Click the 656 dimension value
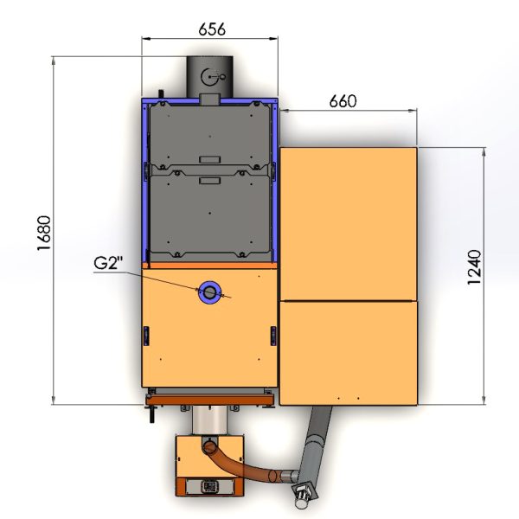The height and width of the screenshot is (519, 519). [x=212, y=29]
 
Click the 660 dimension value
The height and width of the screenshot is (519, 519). [x=343, y=101]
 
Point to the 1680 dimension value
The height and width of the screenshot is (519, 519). [x=44, y=233]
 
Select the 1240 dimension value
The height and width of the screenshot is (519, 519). [x=474, y=267]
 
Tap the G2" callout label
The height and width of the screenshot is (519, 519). [x=108, y=263]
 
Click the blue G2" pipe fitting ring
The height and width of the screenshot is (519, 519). [x=208, y=292]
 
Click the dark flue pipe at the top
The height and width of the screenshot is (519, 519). [x=209, y=77]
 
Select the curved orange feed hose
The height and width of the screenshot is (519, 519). [x=244, y=463]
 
